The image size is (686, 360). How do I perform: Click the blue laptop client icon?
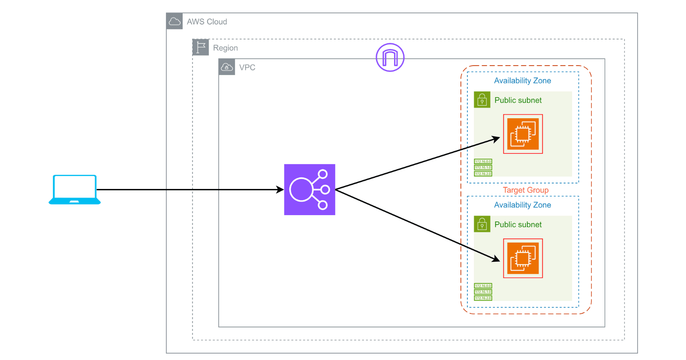[x=75, y=189]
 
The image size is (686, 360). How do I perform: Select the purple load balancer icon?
[x=309, y=189]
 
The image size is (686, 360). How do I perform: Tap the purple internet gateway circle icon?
[x=390, y=57]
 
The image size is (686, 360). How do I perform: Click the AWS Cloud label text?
[x=207, y=22]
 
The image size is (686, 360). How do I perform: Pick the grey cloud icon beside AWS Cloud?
[x=175, y=21]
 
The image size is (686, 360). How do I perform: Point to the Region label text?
[x=225, y=48]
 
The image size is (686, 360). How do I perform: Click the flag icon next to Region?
[x=201, y=47]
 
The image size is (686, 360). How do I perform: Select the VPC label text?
[x=247, y=68]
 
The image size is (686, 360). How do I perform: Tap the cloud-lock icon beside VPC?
[x=227, y=67]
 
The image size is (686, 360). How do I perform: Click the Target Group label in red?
[x=525, y=190]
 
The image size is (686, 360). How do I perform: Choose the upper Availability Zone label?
[x=522, y=81]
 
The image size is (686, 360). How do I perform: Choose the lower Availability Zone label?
[x=522, y=205]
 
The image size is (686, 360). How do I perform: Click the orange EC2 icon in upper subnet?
[x=523, y=134]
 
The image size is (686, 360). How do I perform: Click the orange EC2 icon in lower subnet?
[x=523, y=258]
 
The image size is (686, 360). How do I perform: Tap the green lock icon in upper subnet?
[x=482, y=100]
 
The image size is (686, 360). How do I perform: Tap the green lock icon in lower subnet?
[x=482, y=224]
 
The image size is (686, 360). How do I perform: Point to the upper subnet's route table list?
[x=483, y=168]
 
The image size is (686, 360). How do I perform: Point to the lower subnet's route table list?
[x=483, y=292]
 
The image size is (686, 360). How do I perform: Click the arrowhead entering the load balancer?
[x=280, y=189]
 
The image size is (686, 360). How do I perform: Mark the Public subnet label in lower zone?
[x=518, y=225]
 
